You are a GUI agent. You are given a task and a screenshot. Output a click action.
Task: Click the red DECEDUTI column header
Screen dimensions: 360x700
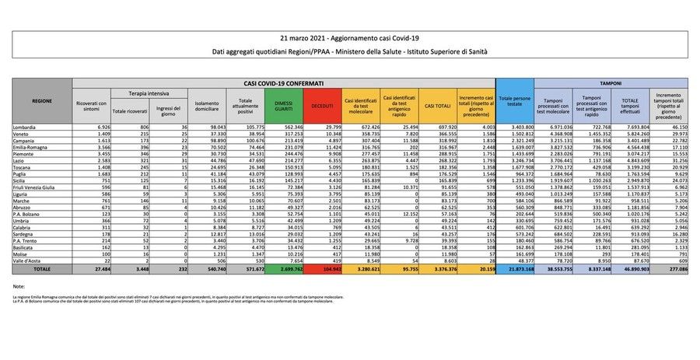322,105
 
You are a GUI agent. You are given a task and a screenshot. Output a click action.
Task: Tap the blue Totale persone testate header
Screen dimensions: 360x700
515,101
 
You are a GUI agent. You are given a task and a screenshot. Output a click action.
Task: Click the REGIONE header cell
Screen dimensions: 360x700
42,101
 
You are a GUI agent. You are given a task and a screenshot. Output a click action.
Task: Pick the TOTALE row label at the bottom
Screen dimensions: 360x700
41,267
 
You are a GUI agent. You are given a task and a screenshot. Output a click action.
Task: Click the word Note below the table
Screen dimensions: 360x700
20,288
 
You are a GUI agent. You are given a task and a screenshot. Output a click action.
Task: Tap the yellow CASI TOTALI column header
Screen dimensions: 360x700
437,105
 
